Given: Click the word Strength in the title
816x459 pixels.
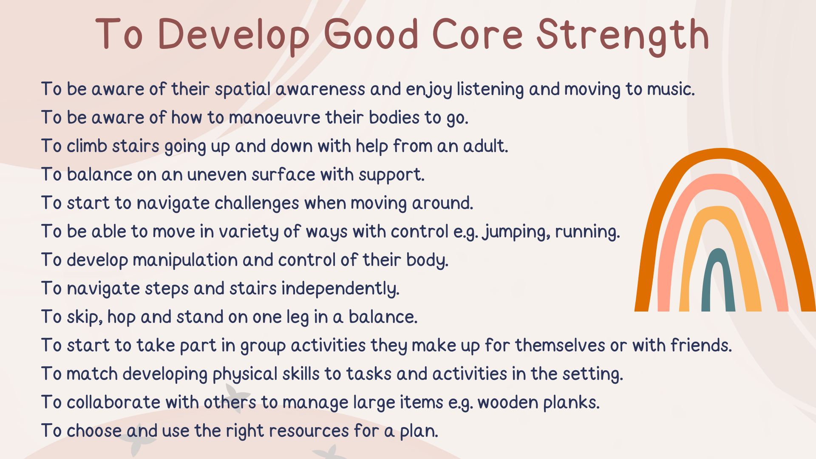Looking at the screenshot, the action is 623,35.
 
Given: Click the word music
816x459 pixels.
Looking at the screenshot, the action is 671,89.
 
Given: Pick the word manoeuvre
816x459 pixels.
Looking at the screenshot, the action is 275,118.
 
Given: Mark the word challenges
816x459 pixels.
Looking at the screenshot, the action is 257,203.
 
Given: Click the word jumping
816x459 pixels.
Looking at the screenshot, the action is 516,232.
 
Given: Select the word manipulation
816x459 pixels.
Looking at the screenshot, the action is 185,260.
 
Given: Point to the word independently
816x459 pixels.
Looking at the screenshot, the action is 340,289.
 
